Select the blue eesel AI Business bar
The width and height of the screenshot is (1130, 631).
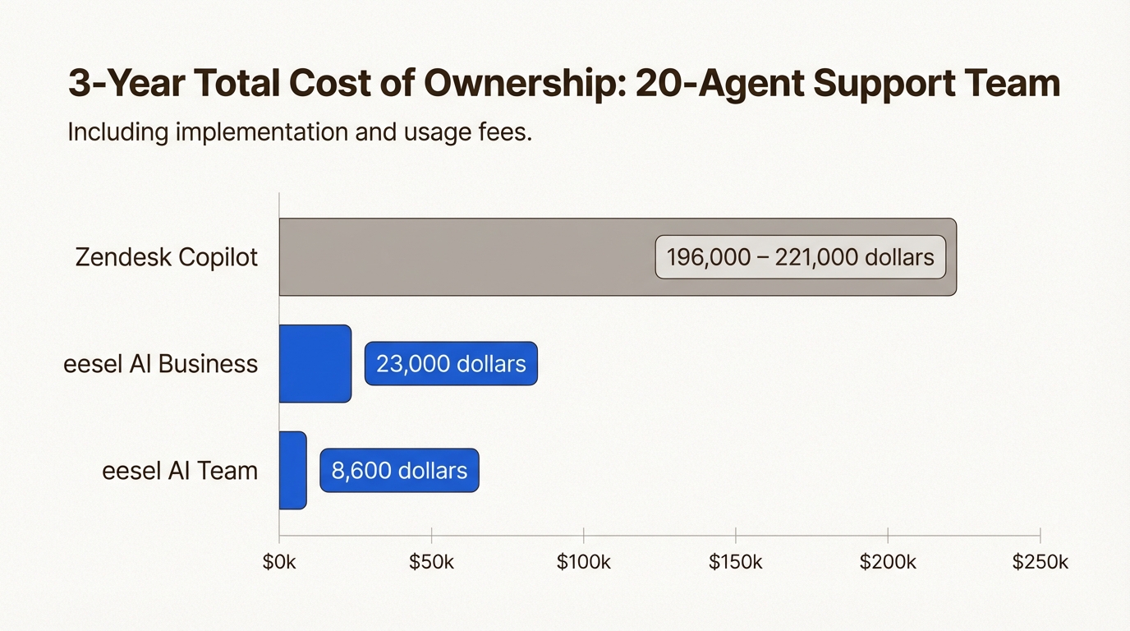[315, 363]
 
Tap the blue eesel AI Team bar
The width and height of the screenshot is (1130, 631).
[293, 470]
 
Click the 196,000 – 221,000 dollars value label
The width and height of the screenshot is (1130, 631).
[800, 257]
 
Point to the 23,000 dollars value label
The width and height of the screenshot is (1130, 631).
[451, 364]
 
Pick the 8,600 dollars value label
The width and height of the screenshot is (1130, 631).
[399, 471]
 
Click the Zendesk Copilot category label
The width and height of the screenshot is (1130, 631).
[167, 257]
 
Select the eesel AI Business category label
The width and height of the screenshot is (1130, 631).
[161, 363]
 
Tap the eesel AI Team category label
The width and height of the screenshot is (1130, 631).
[180, 470]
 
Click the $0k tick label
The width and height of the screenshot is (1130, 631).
[279, 562]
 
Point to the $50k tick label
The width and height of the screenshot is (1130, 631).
[431, 562]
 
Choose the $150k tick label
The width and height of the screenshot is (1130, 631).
[736, 562]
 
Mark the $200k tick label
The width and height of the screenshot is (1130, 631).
[888, 562]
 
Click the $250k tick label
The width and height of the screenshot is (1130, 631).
[1040, 562]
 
